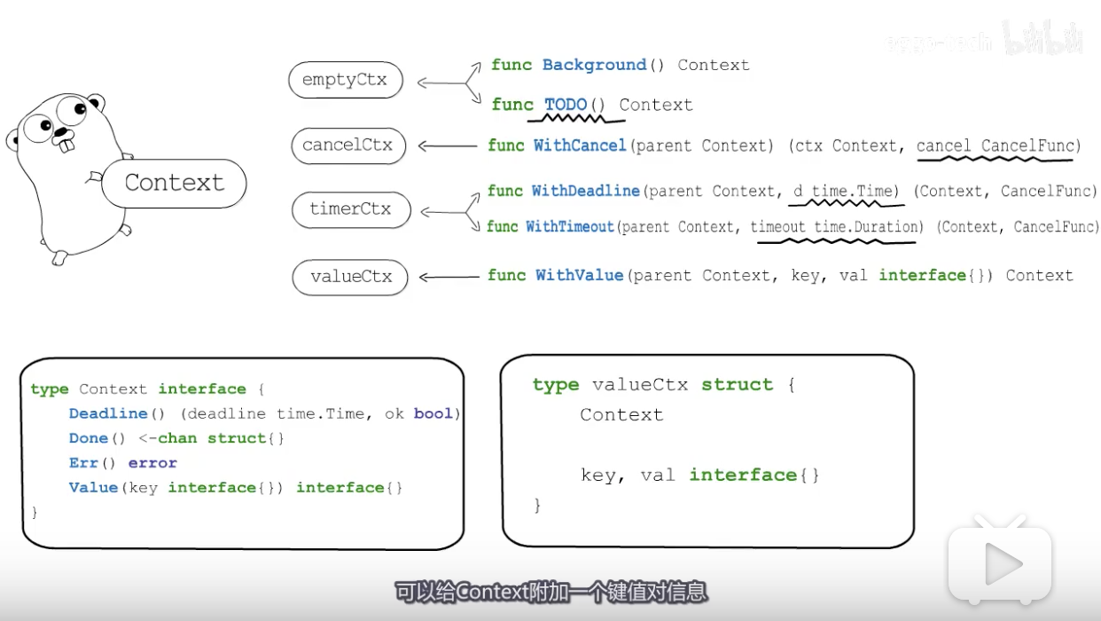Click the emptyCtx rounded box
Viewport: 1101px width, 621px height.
[345, 81]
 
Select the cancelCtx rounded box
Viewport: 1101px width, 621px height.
[347, 145]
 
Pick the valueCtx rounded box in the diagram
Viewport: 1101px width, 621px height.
[350, 277]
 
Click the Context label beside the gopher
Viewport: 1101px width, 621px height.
[174, 183]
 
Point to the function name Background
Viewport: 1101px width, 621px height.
[594, 65]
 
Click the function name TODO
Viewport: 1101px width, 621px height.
[566, 105]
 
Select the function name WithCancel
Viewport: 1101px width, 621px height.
[580, 145]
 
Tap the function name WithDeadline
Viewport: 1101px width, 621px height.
[585, 191]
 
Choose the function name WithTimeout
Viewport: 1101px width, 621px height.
[569, 226]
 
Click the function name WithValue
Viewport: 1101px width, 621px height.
[579, 275]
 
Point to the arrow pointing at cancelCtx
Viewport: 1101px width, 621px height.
[448, 145]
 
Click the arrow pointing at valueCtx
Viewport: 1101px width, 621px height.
[448, 277]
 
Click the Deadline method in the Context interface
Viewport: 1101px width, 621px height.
[108, 413]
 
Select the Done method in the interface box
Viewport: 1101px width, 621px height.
[88, 438]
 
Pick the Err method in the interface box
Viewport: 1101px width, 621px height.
[82, 463]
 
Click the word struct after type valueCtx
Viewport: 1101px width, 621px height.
[737, 384]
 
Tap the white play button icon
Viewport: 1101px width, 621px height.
[1000, 564]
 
